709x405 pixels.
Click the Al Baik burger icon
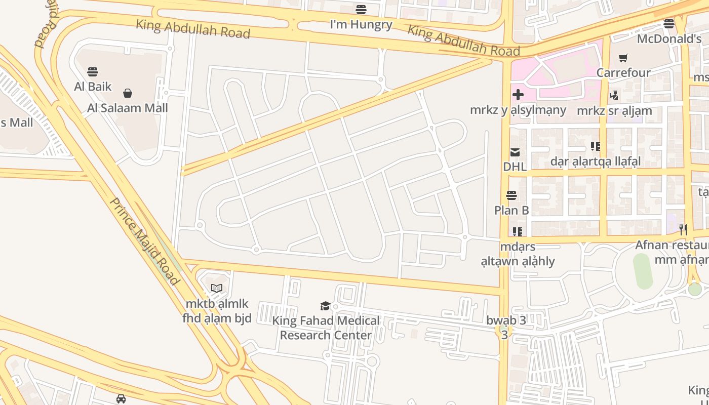[92, 71]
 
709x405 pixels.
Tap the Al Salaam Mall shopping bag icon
[128, 93]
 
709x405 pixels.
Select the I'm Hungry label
[361, 24]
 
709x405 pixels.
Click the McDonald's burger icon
[669, 23]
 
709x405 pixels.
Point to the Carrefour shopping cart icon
[623, 58]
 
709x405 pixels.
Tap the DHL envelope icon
[515, 152]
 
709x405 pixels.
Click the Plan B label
[511, 210]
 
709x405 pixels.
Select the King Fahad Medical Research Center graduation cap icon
[325, 306]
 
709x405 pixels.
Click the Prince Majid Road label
[145, 241]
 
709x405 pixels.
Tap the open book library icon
[217, 289]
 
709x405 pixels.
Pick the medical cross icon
[518, 95]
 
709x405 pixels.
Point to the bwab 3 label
[506, 320]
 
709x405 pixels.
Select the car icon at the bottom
[121, 399]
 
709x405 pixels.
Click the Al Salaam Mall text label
[128, 108]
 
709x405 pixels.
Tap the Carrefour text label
[623, 72]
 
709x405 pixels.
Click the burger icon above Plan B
[511, 195]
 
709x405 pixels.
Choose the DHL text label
[515, 166]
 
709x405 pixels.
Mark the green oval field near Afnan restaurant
[642, 271]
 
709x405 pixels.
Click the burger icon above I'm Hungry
[361, 9]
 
